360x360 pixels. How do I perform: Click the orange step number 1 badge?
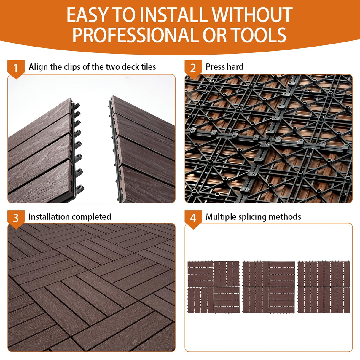click(x=16, y=68)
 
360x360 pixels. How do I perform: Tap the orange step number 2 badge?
click(x=193, y=68)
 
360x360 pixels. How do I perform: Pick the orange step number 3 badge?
click(x=16, y=218)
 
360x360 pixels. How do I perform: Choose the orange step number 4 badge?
click(x=193, y=218)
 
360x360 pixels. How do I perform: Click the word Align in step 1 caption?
click(x=38, y=67)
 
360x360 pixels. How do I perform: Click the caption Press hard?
click(x=224, y=67)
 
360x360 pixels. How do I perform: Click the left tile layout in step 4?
click(x=214, y=287)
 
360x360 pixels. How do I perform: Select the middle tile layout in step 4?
click(x=269, y=287)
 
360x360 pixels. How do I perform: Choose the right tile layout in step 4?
click(x=324, y=287)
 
